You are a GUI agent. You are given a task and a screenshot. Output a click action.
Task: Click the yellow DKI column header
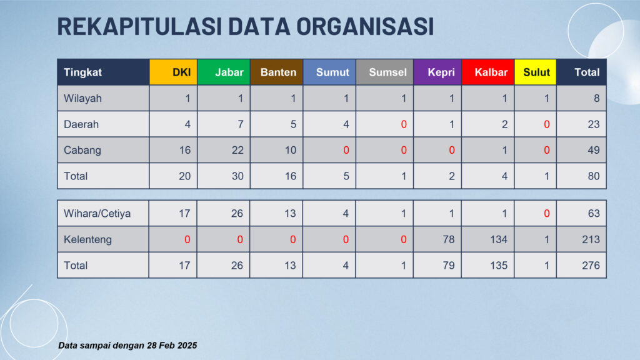click(174, 72)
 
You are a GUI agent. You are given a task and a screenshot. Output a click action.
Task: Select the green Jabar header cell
click(224, 72)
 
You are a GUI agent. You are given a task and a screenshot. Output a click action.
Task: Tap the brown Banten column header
click(276, 72)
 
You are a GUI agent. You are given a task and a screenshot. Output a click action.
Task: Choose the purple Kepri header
click(437, 72)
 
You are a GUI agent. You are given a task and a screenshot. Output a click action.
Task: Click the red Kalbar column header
click(488, 72)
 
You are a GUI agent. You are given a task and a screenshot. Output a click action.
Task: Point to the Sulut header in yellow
click(536, 72)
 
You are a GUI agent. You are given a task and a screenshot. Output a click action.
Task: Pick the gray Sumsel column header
click(385, 72)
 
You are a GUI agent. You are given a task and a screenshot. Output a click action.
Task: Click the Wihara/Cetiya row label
click(97, 214)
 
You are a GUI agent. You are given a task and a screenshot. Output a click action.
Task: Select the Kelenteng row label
click(87, 239)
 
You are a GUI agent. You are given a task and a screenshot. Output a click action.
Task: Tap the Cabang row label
click(82, 150)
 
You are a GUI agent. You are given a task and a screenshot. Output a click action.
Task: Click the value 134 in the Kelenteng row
click(499, 239)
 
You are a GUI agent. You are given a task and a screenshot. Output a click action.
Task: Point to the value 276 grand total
click(591, 265)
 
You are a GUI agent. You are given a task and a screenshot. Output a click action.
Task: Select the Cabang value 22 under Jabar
click(237, 150)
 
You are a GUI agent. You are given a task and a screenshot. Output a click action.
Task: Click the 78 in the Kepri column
click(449, 239)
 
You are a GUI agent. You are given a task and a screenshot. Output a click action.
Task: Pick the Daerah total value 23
click(594, 124)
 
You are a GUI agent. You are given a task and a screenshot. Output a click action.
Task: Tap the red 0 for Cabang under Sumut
click(346, 150)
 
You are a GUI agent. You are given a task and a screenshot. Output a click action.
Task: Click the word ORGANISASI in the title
click(364, 26)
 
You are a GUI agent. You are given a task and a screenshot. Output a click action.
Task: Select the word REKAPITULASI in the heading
click(139, 26)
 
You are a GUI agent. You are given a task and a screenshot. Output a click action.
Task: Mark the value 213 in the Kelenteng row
click(591, 239)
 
